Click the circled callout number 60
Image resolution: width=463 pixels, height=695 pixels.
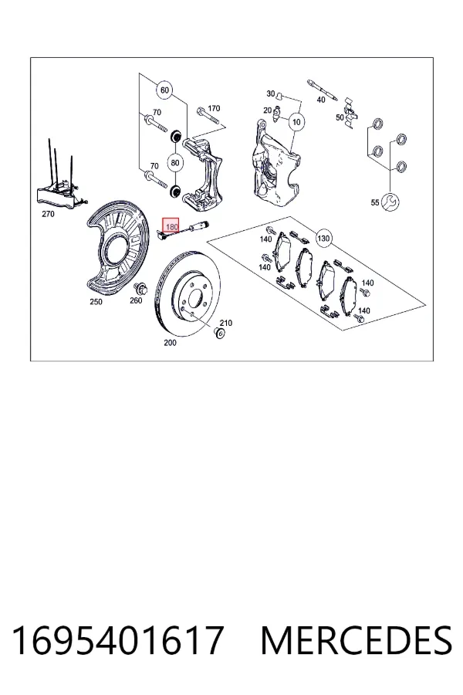(x=164, y=90)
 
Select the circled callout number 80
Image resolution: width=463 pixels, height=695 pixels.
(x=175, y=163)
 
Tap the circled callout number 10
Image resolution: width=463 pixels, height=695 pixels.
(x=296, y=121)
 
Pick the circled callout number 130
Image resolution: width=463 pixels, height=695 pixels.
(x=323, y=239)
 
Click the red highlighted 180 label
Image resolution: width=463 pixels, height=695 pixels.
(x=171, y=226)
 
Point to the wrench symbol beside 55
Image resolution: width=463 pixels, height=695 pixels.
(x=390, y=202)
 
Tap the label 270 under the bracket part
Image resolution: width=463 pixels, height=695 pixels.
(x=48, y=214)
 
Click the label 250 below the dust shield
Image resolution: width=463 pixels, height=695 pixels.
(x=96, y=302)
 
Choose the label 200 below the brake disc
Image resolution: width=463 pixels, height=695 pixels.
(x=170, y=343)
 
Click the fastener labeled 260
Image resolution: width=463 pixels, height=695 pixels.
(x=143, y=290)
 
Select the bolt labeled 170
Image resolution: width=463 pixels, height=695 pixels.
(x=208, y=115)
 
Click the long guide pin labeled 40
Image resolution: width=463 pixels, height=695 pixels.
(x=323, y=90)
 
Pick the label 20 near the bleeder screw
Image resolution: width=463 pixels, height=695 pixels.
(x=267, y=110)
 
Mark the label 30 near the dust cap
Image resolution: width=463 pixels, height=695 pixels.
(x=271, y=93)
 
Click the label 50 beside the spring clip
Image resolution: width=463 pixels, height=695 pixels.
(x=340, y=117)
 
